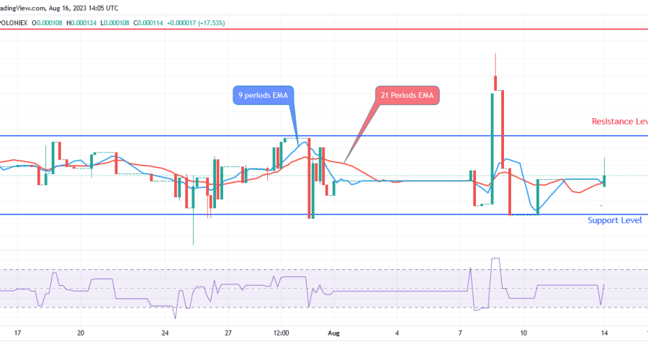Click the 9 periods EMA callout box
264,95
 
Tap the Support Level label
614,220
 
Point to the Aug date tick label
333,333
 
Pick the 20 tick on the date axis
81,333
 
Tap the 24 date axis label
165,333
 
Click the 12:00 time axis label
281,333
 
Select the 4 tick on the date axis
397,333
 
